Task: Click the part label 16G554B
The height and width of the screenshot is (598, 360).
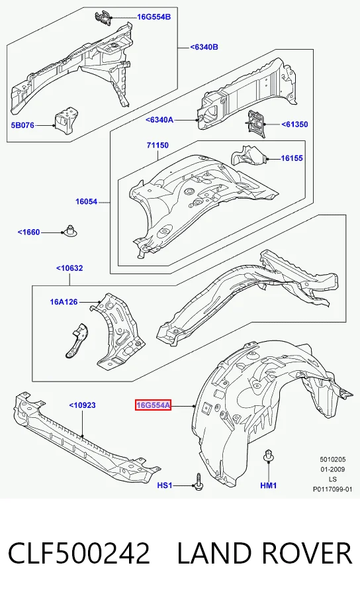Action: [154, 17]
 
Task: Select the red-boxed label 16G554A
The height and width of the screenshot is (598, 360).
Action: [153, 405]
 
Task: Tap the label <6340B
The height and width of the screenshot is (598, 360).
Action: [204, 47]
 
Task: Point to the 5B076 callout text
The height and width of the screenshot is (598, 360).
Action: [22, 125]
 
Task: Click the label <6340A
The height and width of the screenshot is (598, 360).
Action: [159, 120]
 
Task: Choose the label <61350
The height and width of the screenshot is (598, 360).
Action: [294, 125]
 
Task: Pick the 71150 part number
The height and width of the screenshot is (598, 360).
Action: [157, 145]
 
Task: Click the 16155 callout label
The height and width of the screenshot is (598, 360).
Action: [292, 158]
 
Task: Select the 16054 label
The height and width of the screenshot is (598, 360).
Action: [86, 202]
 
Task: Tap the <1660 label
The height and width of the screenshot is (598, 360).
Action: [28, 232]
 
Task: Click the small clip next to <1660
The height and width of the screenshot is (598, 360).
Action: [69, 230]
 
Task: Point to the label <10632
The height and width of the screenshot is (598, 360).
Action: [69, 268]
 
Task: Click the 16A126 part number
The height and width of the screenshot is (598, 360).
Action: [64, 302]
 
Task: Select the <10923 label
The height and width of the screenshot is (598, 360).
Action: [82, 405]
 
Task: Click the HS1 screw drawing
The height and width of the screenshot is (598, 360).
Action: [199, 483]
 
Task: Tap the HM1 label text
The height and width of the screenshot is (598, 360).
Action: [268, 485]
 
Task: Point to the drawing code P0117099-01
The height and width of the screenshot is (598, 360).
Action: [333, 489]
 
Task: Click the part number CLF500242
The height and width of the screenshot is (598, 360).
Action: [79, 554]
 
